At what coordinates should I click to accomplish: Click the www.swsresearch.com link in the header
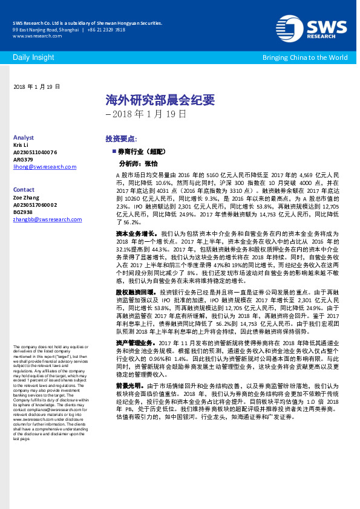33,36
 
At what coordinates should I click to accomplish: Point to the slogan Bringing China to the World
305,57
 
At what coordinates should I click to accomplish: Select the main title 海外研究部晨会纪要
160,100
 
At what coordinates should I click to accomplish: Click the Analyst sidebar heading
24,138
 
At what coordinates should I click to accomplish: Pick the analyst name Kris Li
21,145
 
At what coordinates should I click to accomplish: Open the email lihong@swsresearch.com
44,167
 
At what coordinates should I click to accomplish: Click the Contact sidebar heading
24,189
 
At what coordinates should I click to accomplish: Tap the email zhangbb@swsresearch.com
47,219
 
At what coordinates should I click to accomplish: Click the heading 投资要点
121,138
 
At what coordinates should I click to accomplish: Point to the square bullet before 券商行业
113,151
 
